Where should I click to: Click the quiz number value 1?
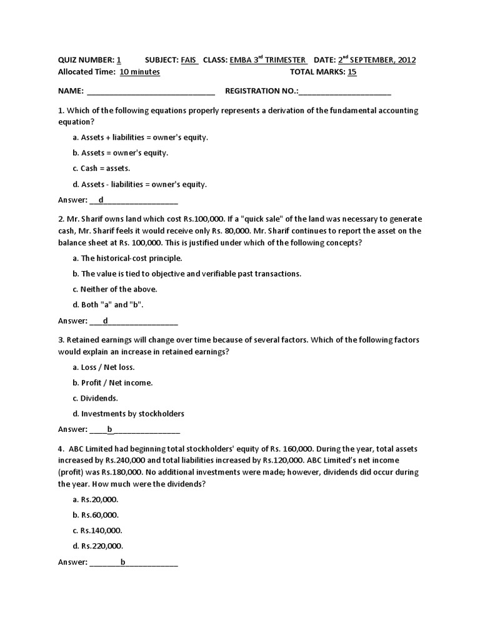click(119, 60)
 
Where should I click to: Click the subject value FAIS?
click(189, 60)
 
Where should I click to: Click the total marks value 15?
click(352, 72)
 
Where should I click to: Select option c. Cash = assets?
click(101, 168)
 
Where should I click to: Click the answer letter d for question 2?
click(106, 321)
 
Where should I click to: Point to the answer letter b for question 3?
click(109, 429)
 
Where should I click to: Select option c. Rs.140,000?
click(96, 530)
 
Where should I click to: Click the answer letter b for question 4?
click(123, 562)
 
